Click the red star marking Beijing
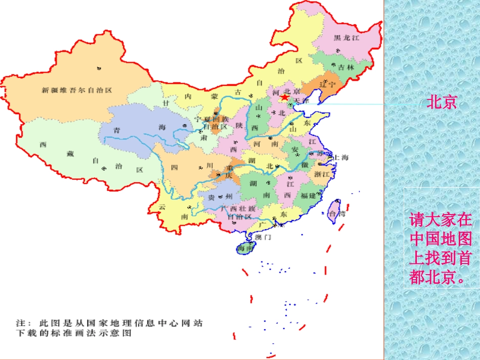coord(285,97)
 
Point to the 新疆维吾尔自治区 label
coord(77,90)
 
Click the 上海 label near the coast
coord(341,157)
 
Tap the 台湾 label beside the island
coord(337,214)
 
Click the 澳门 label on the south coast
coord(263,236)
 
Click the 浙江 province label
coord(322,174)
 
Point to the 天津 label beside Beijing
coord(302,100)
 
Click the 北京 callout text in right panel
coord(442,102)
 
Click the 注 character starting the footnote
coord(20,323)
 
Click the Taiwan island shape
coord(334,208)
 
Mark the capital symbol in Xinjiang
coord(98,67)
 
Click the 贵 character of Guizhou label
coord(212,197)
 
